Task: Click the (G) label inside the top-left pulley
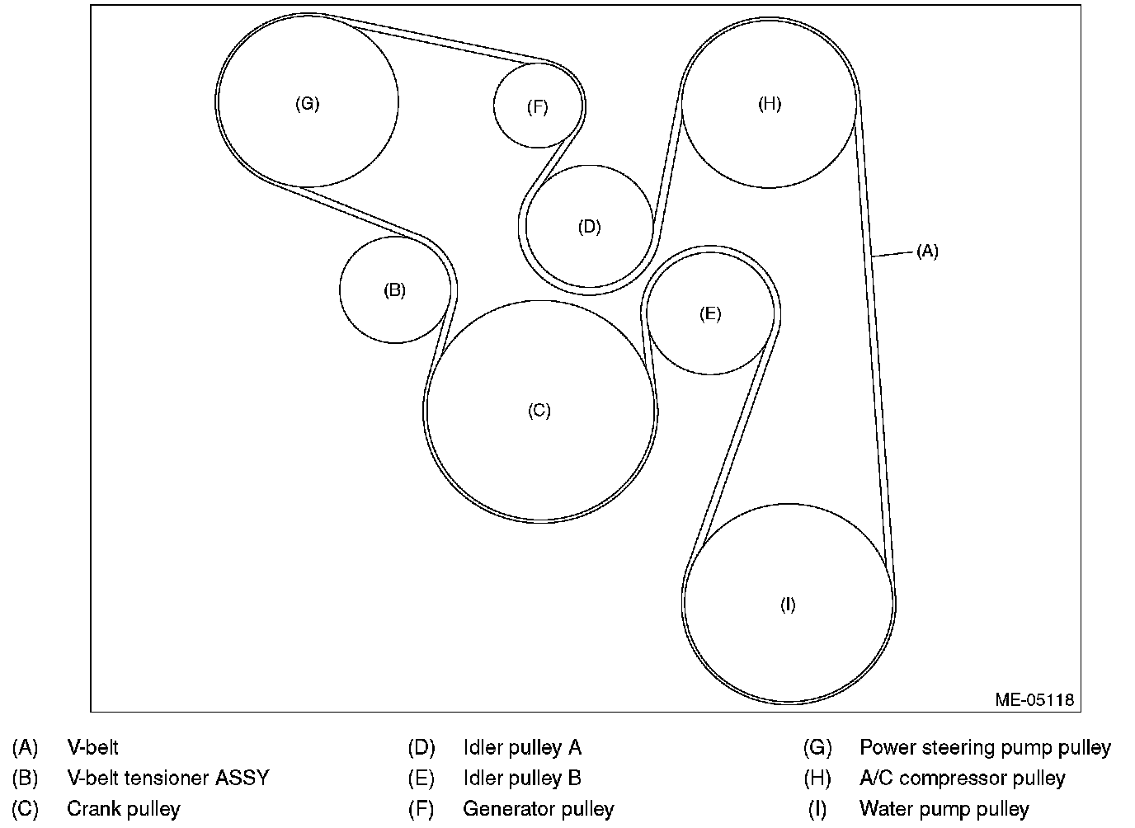307,104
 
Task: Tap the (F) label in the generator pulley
537,107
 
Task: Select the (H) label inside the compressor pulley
769,104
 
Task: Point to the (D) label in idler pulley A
589,227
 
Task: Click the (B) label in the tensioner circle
394,290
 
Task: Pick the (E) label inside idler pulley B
709,313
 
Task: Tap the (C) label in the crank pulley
539,411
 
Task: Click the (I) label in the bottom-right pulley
788,605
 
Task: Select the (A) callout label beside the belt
927,252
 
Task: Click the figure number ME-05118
1034,699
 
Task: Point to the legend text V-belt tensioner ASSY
167,778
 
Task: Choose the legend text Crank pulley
123,809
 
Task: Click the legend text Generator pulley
538,809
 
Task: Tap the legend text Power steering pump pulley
985,748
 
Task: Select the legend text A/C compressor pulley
962,778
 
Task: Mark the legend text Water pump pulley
944,809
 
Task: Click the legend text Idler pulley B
522,778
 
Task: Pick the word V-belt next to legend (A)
92,748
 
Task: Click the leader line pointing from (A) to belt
892,255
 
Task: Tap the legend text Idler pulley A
522,748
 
